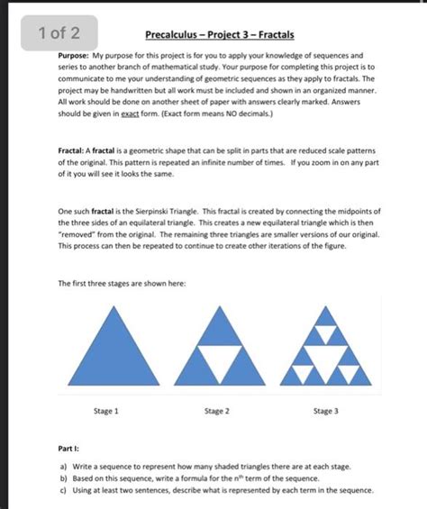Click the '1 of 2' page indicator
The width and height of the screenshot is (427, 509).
59,34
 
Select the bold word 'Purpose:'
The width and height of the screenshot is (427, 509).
72,56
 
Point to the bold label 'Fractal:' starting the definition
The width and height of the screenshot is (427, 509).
72,142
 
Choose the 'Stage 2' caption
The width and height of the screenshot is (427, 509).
216,411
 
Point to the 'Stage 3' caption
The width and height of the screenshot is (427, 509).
325,411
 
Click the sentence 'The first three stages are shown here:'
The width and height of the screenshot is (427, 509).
122,284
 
